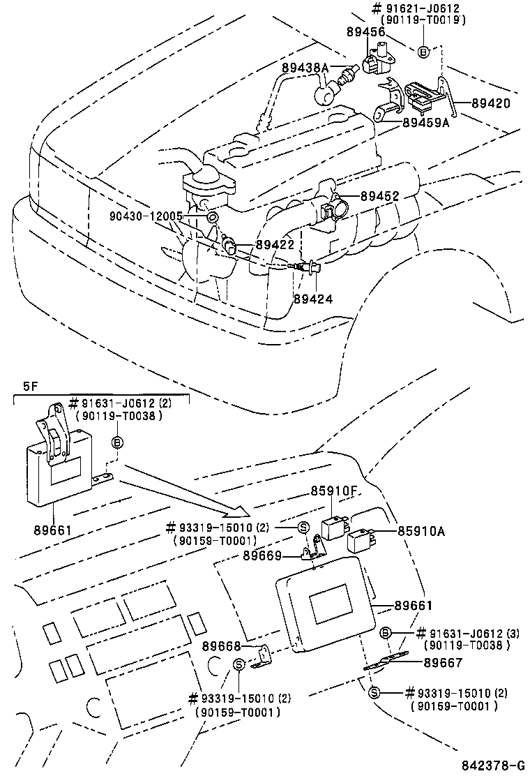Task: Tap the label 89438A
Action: [x=305, y=68]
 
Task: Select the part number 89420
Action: [x=491, y=103]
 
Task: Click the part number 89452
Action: [x=379, y=197]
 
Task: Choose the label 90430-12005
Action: [x=145, y=216]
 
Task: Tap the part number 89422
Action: [x=274, y=244]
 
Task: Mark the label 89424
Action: [x=312, y=298]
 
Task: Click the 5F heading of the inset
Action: [x=30, y=386]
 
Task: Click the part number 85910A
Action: [x=421, y=531]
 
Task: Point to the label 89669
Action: [x=262, y=555]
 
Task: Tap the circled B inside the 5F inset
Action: [x=117, y=442]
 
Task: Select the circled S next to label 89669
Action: [x=303, y=528]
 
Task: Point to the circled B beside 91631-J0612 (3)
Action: [x=384, y=633]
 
